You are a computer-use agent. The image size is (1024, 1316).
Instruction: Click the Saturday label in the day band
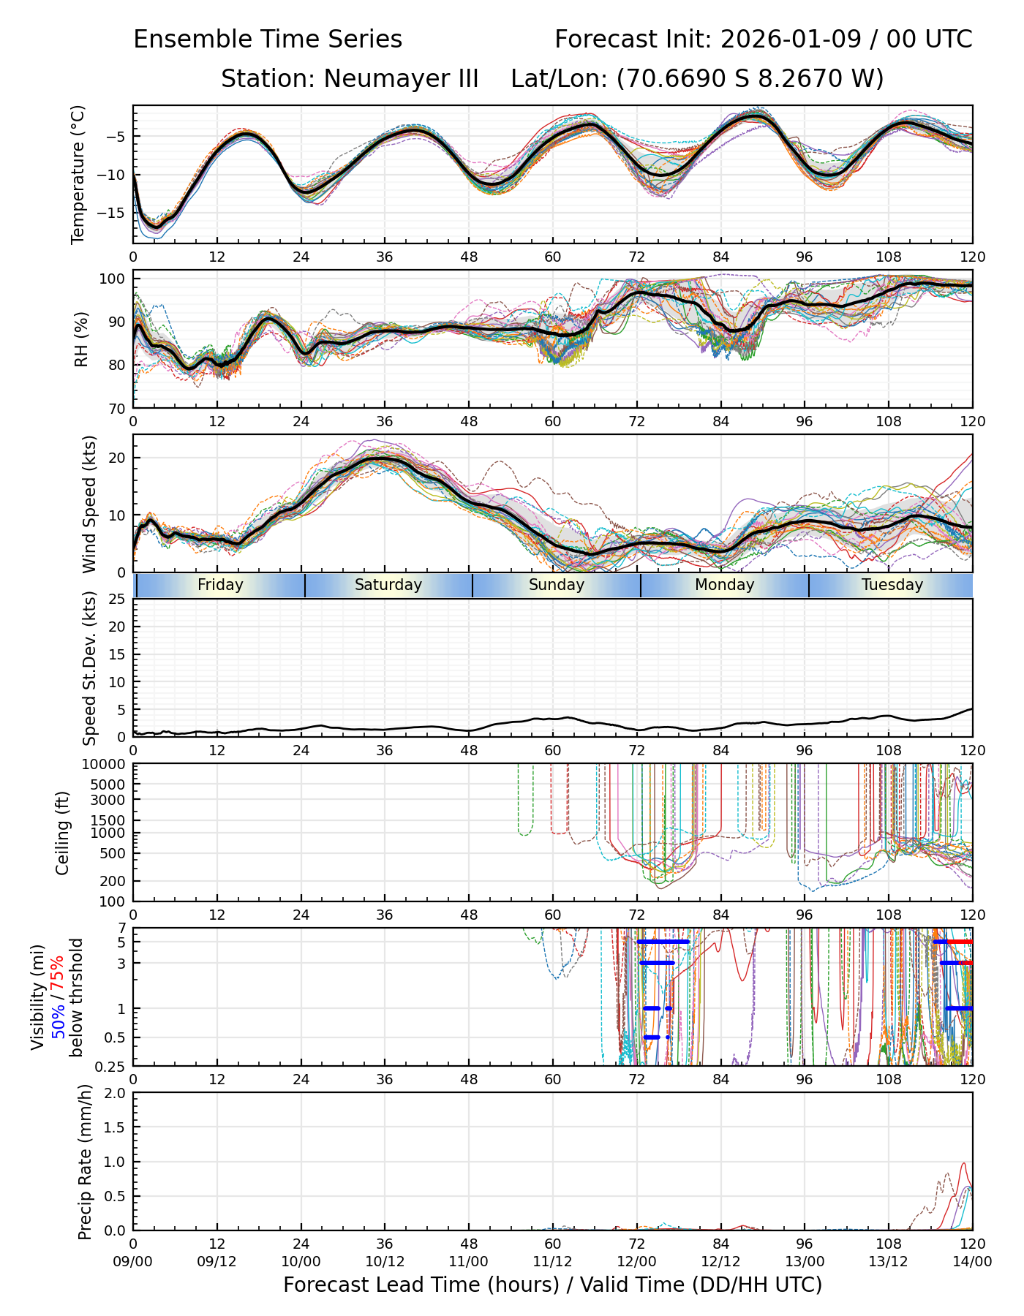pyautogui.click(x=388, y=585)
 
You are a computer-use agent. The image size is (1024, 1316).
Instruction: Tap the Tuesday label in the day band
pyautogui.click(x=892, y=585)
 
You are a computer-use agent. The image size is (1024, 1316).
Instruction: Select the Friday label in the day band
pyautogui.click(x=220, y=585)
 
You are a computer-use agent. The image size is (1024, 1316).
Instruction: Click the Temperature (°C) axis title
pyautogui.click(x=78, y=174)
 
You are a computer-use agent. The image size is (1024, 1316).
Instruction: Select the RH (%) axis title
pyautogui.click(x=81, y=339)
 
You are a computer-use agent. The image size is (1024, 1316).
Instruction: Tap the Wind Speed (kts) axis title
pyautogui.click(x=89, y=504)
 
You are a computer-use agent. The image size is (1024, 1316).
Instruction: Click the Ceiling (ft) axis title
pyautogui.click(x=63, y=833)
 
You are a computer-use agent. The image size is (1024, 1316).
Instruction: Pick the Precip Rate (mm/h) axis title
pyautogui.click(x=86, y=1162)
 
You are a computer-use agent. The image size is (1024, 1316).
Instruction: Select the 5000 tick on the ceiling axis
pyautogui.click(x=108, y=784)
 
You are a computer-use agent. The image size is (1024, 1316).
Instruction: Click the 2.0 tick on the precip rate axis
pyautogui.click(x=115, y=1093)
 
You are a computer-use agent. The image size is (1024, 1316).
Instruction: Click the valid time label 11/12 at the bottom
pyautogui.click(x=552, y=1262)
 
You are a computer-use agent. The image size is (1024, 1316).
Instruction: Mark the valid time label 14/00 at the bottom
pyautogui.click(x=972, y=1262)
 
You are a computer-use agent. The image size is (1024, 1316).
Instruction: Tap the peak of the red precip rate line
pyautogui.click(x=963, y=1163)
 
